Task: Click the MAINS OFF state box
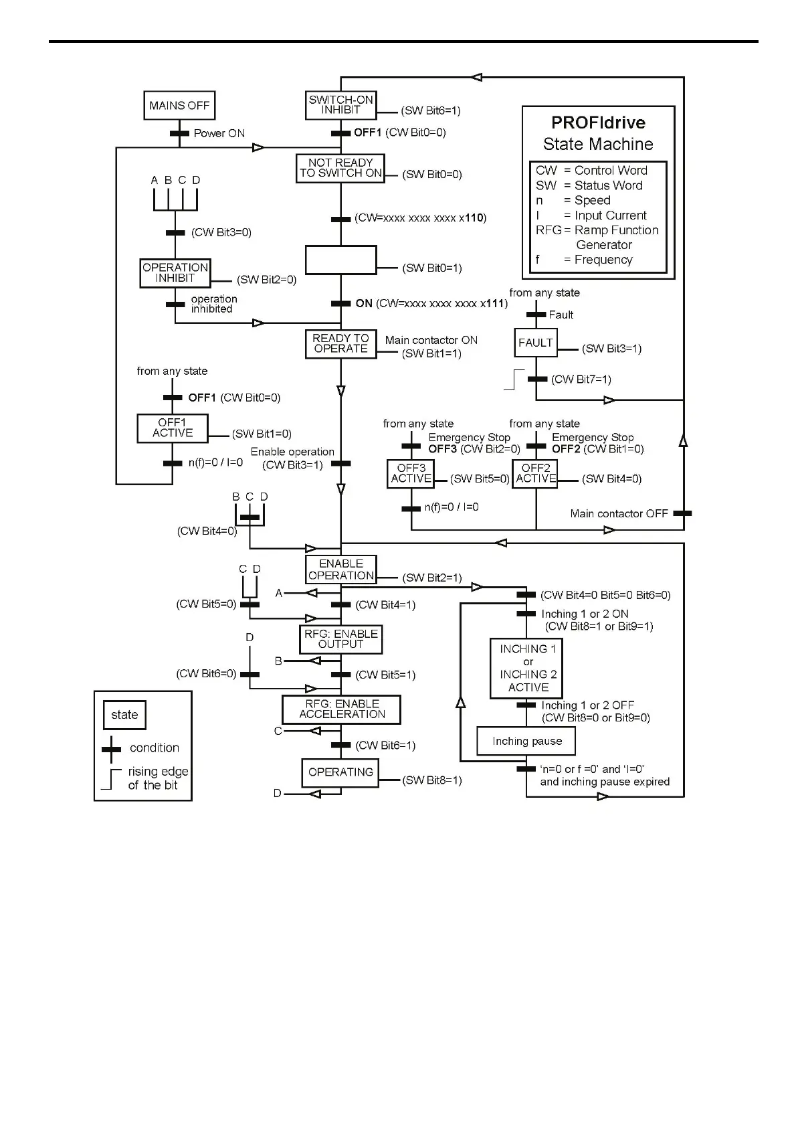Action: coord(179,106)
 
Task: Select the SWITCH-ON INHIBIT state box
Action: coord(340,105)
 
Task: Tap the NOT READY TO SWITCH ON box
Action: coord(340,168)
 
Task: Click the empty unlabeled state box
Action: coord(340,260)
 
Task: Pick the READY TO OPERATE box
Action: coord(340,344)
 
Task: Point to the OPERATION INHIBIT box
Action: coord(175,273)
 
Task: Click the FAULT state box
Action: coord(536,343)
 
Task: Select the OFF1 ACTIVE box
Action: coord(173,428)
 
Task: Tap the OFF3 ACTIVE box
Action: coord(411,473)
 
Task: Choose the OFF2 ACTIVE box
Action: coord(535,473)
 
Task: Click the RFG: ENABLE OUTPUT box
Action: coord(340,639)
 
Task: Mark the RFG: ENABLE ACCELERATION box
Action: coord(341,709)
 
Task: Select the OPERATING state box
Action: coord(340,772)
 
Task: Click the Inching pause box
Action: coord(526,742)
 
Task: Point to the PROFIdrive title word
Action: coord(598,122)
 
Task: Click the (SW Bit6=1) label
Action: coord(431,111)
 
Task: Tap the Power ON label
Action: coord(219,133)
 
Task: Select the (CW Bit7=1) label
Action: coord(581,379)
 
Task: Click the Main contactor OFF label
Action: coord(619,513)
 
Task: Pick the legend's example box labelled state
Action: coord(124,715)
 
